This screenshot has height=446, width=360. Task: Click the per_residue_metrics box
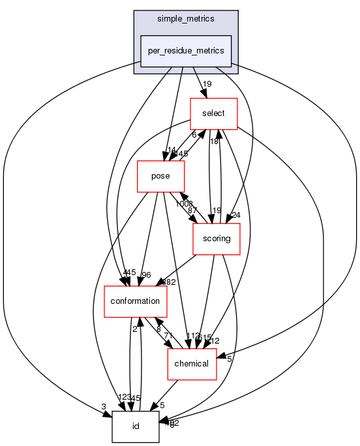coord(186,51)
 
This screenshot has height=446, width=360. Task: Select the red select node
coord(213,113)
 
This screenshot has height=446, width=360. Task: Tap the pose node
coord(160,176)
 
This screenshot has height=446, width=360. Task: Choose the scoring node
coord(217,239)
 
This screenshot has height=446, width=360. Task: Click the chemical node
coord(192,363)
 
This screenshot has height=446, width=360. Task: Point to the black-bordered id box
coord(136,426)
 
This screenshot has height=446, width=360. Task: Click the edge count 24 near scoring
coord(235,216)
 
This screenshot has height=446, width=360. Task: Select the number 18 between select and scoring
coord(213,141)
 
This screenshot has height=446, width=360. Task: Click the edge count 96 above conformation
coord(147,275)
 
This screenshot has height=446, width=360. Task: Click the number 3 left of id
coord(103,407)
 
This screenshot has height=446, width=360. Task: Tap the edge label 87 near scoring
coord(192,211)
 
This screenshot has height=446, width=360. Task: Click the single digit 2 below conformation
coord(135,329)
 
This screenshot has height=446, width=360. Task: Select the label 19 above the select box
coord(207,84)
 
